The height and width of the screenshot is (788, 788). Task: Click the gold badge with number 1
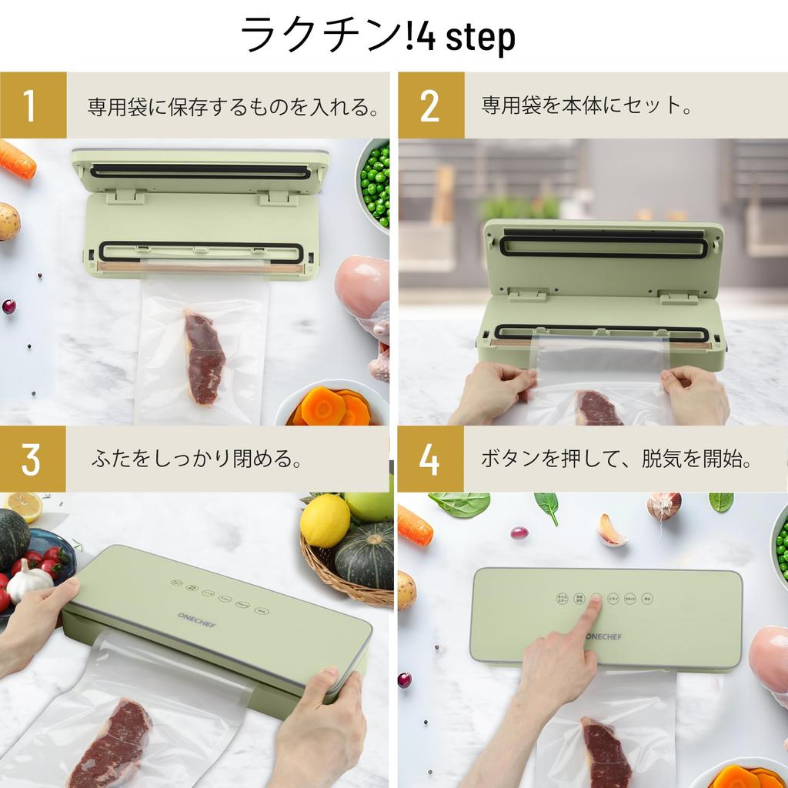click(32, 105)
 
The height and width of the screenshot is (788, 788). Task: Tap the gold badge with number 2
click(430, 105)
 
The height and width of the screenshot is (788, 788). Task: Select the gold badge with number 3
click(32, 459)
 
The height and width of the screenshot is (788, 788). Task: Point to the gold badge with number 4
click(429, 459)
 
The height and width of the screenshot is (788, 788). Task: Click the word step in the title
click(476, 36)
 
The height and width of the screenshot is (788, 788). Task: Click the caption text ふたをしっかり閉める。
click(196, 460)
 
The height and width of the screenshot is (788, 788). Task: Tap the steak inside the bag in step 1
click(203, 357)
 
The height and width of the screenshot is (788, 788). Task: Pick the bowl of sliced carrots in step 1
click(332, 406)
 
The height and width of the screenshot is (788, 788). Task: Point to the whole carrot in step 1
click(17, 159)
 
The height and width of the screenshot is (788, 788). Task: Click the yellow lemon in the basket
click(324, 521)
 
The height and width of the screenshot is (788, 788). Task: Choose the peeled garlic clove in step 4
click(612, 531)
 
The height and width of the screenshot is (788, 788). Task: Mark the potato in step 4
click(406, 590)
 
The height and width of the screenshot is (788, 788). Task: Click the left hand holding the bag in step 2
click(493, 391)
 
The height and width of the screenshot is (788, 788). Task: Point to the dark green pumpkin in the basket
click(366, 556)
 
